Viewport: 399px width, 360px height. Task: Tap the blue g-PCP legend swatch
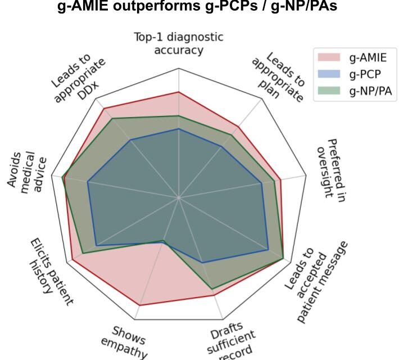(329, 74)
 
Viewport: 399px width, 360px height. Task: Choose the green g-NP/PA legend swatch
(329, 91)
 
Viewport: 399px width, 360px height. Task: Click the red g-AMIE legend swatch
(329, 57)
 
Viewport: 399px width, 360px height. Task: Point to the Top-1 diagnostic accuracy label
(178, 43)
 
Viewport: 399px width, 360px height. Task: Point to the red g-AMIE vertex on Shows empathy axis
(139, 305)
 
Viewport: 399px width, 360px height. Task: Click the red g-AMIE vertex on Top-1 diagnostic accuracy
(179, 92)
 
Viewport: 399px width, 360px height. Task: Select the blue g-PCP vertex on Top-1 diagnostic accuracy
(179, 128)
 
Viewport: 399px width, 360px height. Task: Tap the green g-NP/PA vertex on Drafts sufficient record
(212, 289)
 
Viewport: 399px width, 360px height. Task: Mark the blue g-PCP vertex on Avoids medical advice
(88, 182)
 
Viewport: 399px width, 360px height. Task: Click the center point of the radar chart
(179, 197)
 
